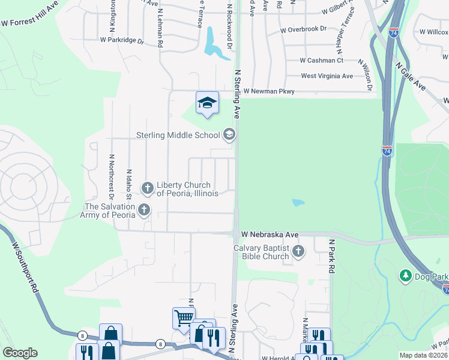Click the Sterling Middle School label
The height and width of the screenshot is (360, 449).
pos(178,135)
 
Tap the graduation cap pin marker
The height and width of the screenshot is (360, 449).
pos(207,103)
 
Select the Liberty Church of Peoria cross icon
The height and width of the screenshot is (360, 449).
pos(148,188)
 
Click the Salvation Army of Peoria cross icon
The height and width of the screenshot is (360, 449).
pos(143,209)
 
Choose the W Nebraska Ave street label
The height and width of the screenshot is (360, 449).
pos(270,234)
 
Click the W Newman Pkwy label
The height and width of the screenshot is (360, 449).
pos(269,91)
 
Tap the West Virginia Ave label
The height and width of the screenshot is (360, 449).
pos(327,76)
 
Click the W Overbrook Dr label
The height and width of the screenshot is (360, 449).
pos(303,29)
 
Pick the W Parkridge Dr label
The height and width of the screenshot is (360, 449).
pos(122,41)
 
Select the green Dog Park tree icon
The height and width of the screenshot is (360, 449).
pos(406,275)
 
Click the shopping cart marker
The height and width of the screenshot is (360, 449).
pos(183,317)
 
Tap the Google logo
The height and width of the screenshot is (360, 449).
pos(20,353)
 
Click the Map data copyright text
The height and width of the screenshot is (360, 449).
pos(423,355)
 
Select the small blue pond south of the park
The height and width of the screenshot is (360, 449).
pos(298,203)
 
